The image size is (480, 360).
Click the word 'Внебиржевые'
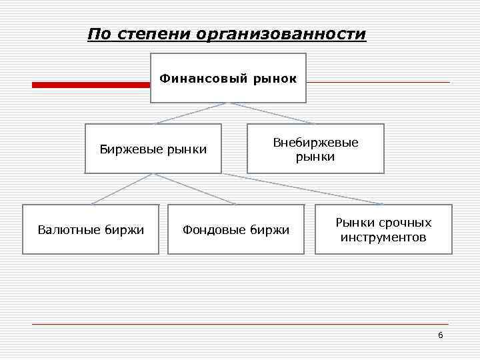pos(315,143)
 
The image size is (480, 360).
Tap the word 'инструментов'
pos(383,237)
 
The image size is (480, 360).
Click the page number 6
pos(440,335)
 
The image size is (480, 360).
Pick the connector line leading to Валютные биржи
pos(123,189)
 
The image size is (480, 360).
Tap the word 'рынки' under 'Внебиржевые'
pos(315,157)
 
